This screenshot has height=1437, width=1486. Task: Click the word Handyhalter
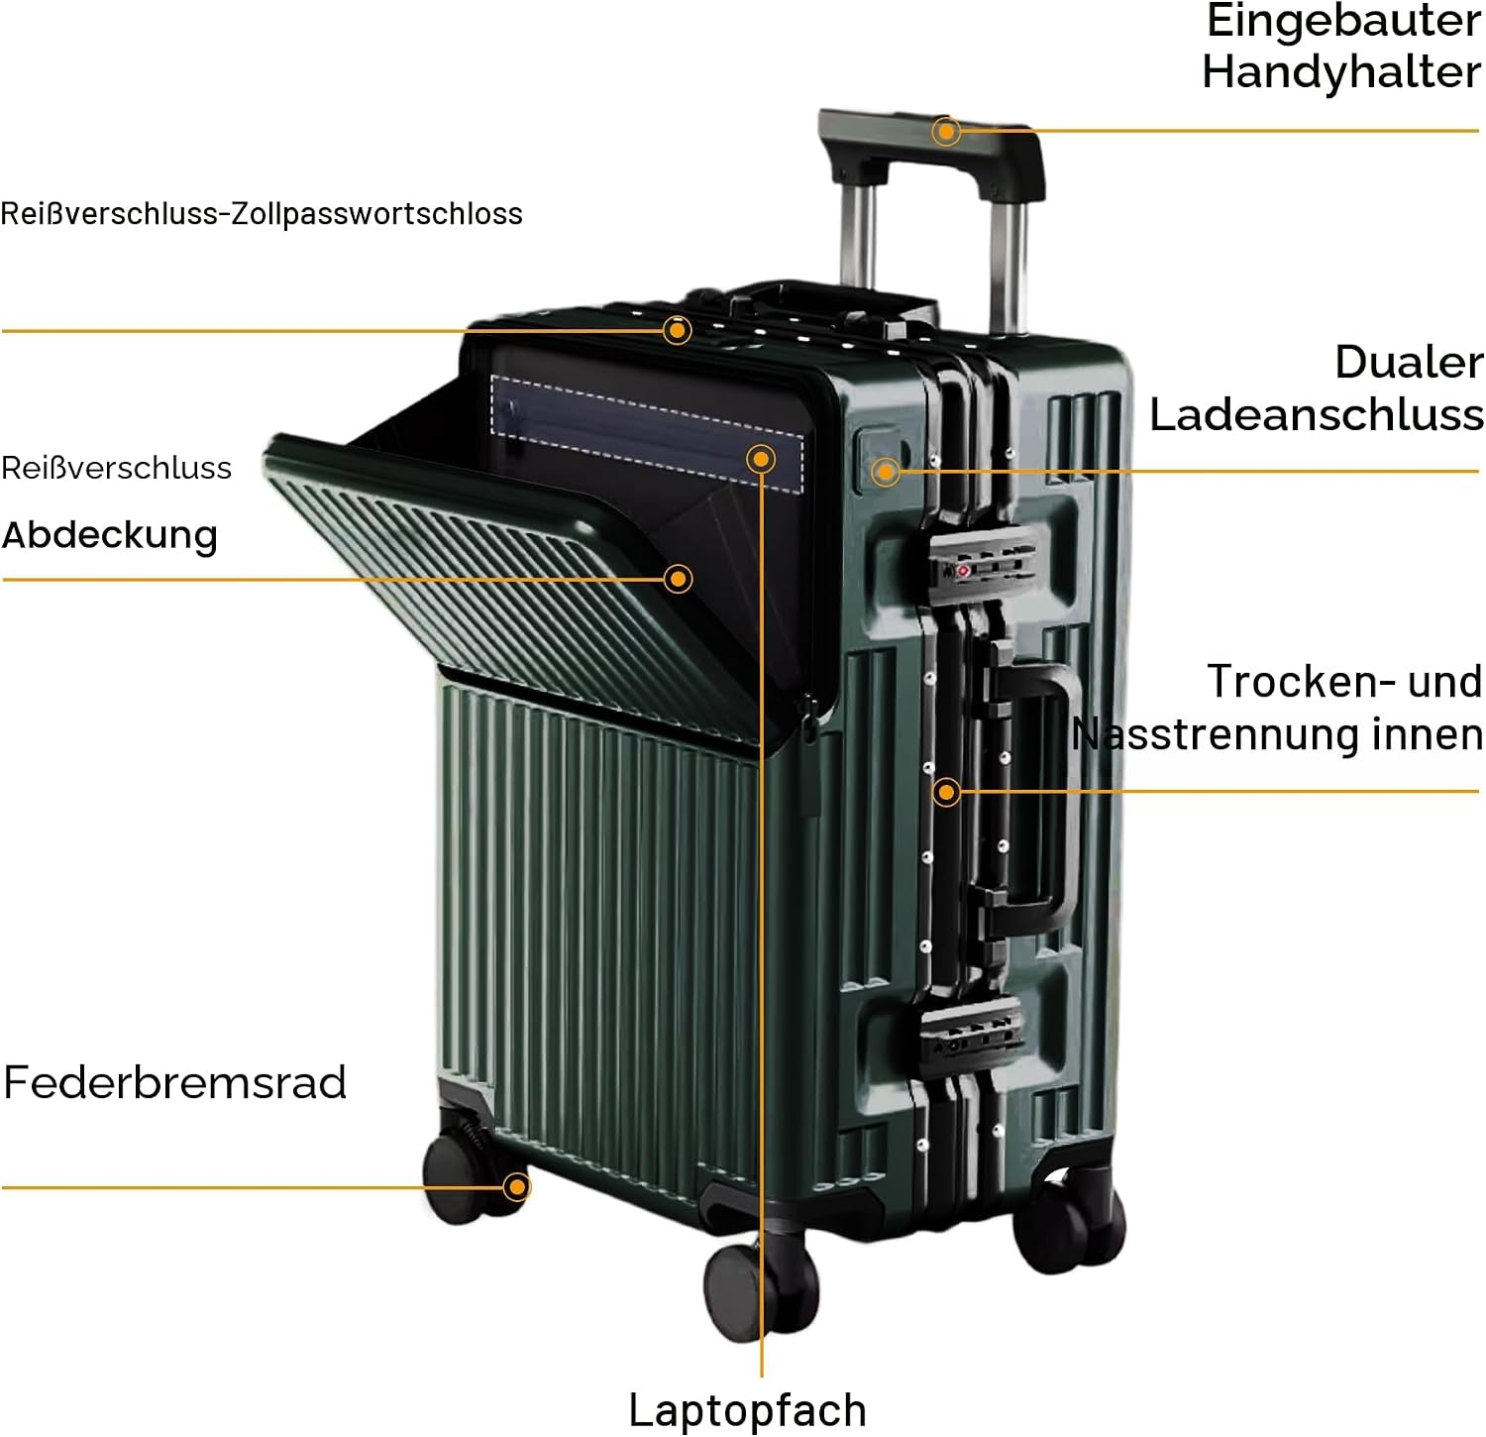pos(1341,72)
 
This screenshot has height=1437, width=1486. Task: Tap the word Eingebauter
pos(1343,21)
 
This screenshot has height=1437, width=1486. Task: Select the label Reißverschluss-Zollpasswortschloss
pos(262,214)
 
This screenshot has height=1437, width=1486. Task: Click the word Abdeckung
pos(110,535)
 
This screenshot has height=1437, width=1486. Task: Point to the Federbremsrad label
pos(175,1082)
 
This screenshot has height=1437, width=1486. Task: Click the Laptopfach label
pos(748,1409)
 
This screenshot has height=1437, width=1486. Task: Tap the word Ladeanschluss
pos(1317,414)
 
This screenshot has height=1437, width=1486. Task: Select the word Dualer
pos(1409,362)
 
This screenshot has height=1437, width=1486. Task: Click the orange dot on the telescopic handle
pos(946,131)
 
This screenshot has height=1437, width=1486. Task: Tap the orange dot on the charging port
pos(886,472)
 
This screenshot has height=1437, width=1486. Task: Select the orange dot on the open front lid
pos(679,579)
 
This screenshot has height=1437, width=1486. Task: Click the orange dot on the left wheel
pos(516,1186)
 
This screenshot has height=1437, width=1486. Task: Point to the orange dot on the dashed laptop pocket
pos(761,458)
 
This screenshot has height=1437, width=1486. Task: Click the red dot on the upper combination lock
pos(963,571)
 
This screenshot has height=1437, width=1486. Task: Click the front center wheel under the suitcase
pos(761,1288)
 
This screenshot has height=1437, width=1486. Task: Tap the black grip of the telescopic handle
pos(931,149)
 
